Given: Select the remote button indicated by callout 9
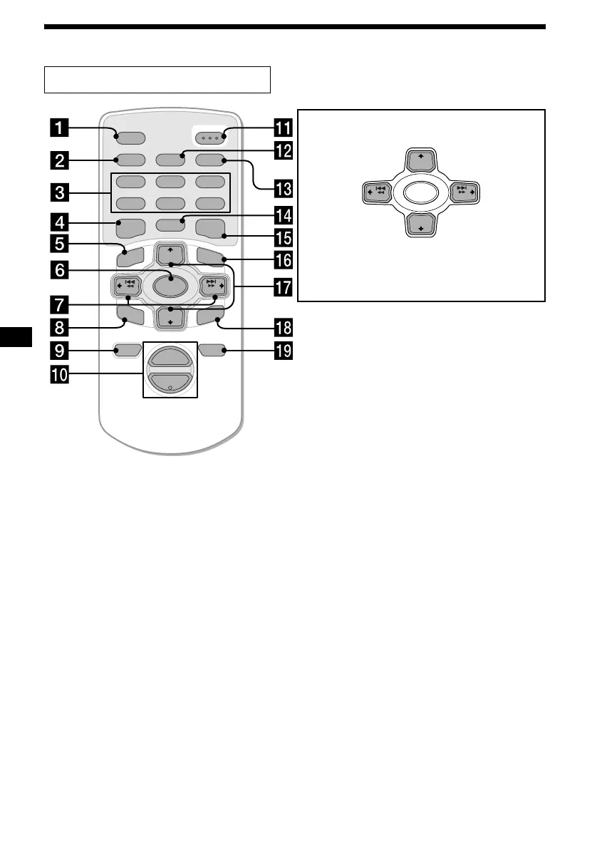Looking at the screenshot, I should point(125,350).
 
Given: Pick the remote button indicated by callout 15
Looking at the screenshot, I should point(212,229).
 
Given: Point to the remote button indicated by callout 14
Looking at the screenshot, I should point(170,226).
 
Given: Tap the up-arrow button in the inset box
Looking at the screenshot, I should point(422,160).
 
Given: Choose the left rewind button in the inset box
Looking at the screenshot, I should point(374,192).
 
